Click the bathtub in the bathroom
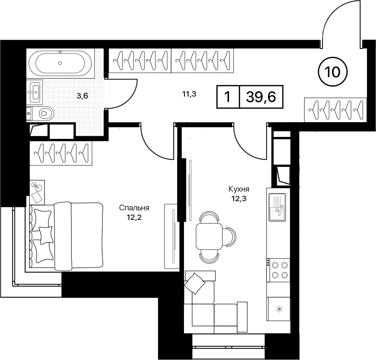60,63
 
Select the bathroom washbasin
35,92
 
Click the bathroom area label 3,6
82,96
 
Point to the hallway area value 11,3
189,94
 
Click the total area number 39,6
261,97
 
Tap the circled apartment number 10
333,71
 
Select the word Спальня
134,208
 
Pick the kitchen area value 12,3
239,199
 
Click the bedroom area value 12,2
134,217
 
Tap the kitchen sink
277,207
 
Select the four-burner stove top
278,270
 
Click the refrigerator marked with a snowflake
279,309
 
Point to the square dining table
209,237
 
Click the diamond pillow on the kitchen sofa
194,283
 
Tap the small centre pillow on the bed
45,235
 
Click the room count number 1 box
228,97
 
